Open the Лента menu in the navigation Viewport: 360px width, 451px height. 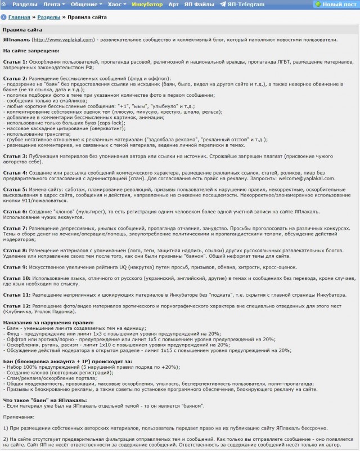tap(53, 4)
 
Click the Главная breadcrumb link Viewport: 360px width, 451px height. tap(19, 17)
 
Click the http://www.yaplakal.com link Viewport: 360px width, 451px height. tap(64, 39)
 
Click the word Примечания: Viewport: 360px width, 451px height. tap(19, 417)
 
